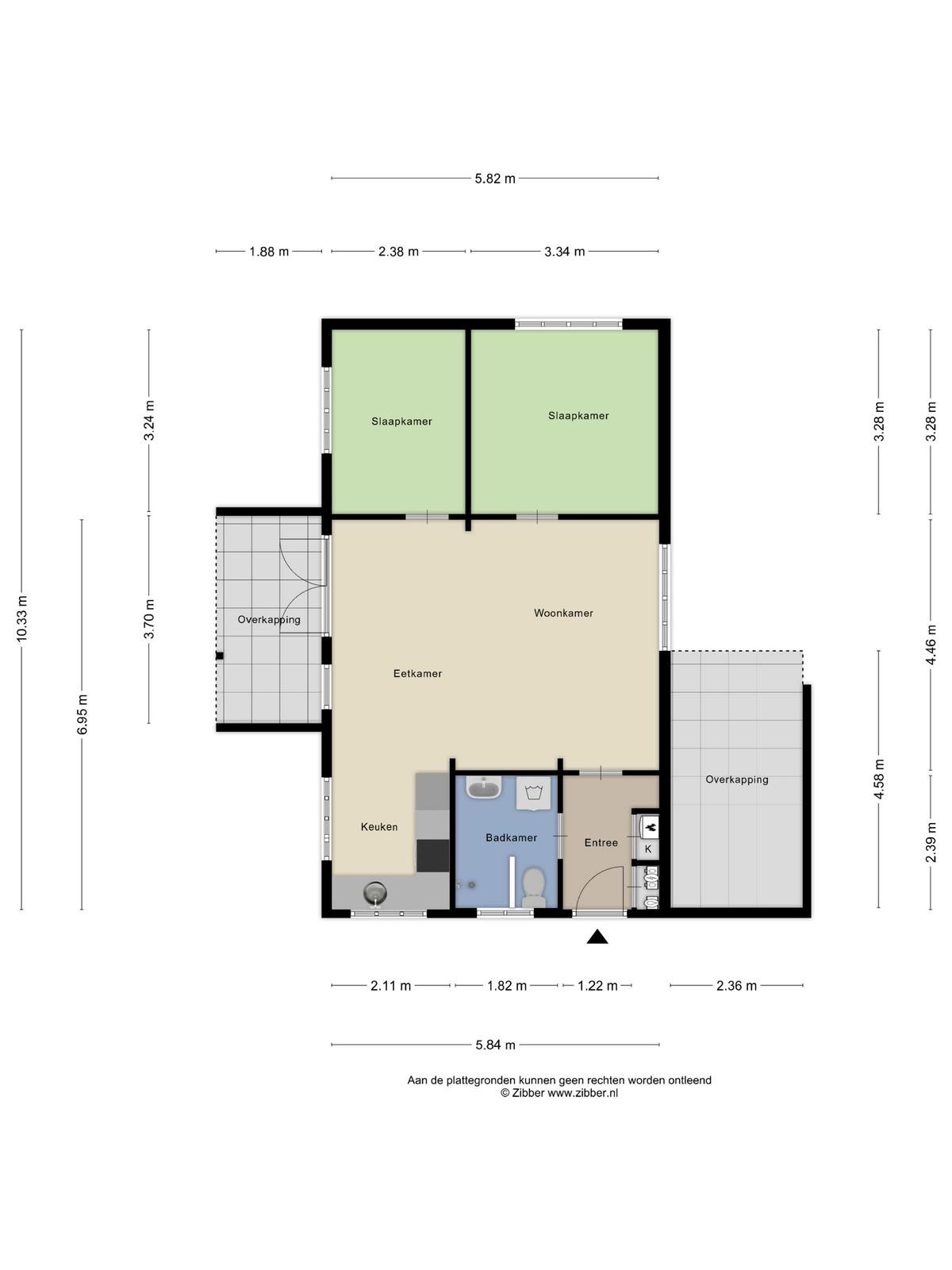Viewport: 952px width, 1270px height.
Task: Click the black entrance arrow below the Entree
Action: [597, 937]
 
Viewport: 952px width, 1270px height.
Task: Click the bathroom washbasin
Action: [484, 787]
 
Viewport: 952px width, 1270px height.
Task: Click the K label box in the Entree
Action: [648, 849]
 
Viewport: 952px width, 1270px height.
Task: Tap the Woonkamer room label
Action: [563, 613]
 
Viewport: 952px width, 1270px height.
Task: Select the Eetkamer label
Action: [417, 673]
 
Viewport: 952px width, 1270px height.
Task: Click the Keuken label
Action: [379, 827]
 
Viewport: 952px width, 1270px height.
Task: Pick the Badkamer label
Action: [512, 837]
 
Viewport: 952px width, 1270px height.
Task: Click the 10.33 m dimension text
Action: [22, 618]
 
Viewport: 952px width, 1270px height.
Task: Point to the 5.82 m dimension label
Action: [495, 179]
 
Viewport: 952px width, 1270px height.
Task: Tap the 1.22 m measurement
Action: [597, 985]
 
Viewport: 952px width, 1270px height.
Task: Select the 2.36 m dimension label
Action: [736, 985]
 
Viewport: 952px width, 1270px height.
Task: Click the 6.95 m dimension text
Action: [82, 714]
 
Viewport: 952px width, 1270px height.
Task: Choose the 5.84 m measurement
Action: [495, 1045]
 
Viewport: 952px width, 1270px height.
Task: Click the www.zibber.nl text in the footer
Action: [582, 1093]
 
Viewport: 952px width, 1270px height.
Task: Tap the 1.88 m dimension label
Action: [269, 252]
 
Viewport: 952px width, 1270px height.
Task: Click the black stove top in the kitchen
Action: [433, 856]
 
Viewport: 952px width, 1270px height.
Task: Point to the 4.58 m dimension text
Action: [878, 779]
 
